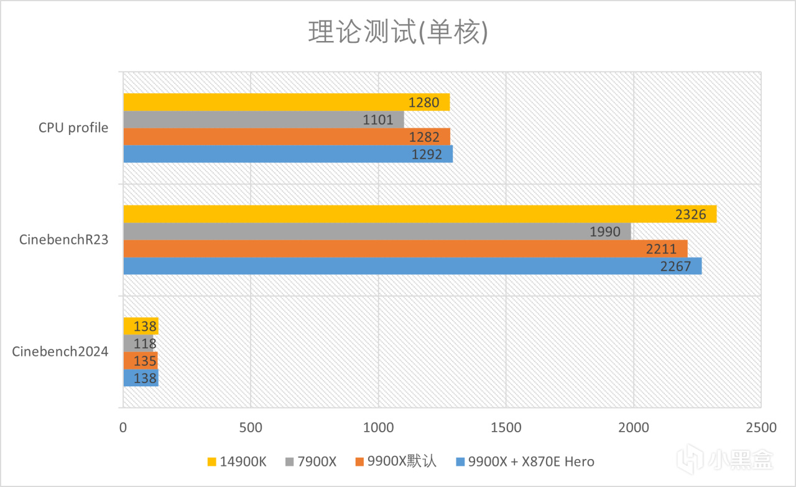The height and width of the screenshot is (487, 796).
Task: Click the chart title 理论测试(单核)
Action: tap(398, 33)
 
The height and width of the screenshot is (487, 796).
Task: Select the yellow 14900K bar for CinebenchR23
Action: tap(420, 214)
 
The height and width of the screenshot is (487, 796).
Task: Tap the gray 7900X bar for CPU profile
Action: tap(264, 119)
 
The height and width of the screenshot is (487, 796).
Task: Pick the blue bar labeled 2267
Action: tap(412, 266)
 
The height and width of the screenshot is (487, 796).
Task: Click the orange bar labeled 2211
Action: tap(405, 249)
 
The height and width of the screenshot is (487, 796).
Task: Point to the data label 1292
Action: tap(427, 154)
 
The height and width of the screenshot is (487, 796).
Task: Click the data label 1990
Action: tap(605, 232)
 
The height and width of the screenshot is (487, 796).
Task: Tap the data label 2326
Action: tap(690, 215)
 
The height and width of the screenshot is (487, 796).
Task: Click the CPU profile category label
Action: tap(73, 128)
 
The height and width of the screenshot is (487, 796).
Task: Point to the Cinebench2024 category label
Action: tap(60, 352)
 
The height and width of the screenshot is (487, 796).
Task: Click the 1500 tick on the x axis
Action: tap(506, 428)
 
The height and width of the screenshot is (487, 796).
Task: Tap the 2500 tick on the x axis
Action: tap(761, 428)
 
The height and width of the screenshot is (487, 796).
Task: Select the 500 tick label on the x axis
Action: tap(250, 428)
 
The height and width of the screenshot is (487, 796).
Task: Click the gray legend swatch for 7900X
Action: tap(289, 461)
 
